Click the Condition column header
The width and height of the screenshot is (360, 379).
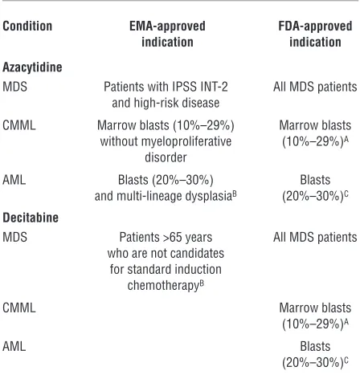click(x=27, y=26)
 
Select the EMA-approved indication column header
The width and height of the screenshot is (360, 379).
click(x=167, y=34)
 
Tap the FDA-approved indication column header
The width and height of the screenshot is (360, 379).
click(x=315, y=34)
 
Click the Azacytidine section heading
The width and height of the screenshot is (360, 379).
click(x=32, y=67)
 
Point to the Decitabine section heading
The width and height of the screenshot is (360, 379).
click(x=31, y=218)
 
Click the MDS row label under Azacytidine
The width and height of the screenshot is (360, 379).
click(x=14, y=87)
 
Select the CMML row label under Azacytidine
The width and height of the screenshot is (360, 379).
click(x=19, y=125)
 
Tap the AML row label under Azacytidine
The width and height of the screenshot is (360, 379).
click(x=14, y=180)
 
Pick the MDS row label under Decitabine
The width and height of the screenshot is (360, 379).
click(x=14, y=237)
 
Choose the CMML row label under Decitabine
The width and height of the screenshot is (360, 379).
click(x=19, y=308)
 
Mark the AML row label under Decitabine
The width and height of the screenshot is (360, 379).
click(x=14, y=346)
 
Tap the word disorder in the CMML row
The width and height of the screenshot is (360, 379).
click(x=166, y=157)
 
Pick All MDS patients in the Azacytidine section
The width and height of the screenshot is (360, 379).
click(x=315, y=87)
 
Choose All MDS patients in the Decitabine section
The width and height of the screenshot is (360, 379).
click(x=315, y=237)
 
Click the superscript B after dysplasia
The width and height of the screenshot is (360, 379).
click(x=235, y=194)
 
